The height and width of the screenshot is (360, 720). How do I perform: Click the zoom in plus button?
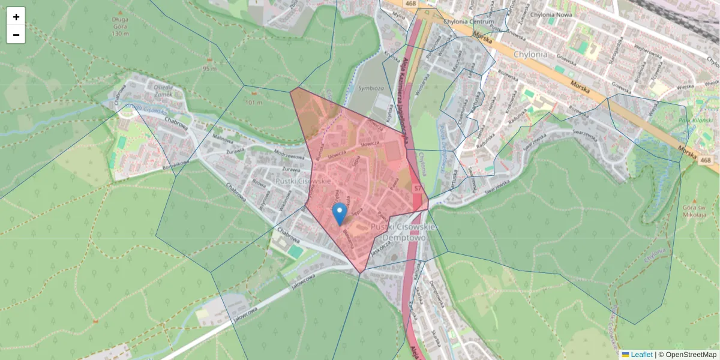pos(16,17)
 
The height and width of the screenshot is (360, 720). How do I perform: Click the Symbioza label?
pos(371,88)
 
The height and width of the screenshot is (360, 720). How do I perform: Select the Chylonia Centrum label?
pos(468,22)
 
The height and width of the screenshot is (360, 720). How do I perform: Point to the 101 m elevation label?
pos(254,103)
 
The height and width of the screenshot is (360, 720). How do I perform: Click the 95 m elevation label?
pos(209,68)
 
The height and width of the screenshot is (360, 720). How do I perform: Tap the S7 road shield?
pos(417,188)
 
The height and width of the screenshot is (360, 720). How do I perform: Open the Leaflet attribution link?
pos(641,355)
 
